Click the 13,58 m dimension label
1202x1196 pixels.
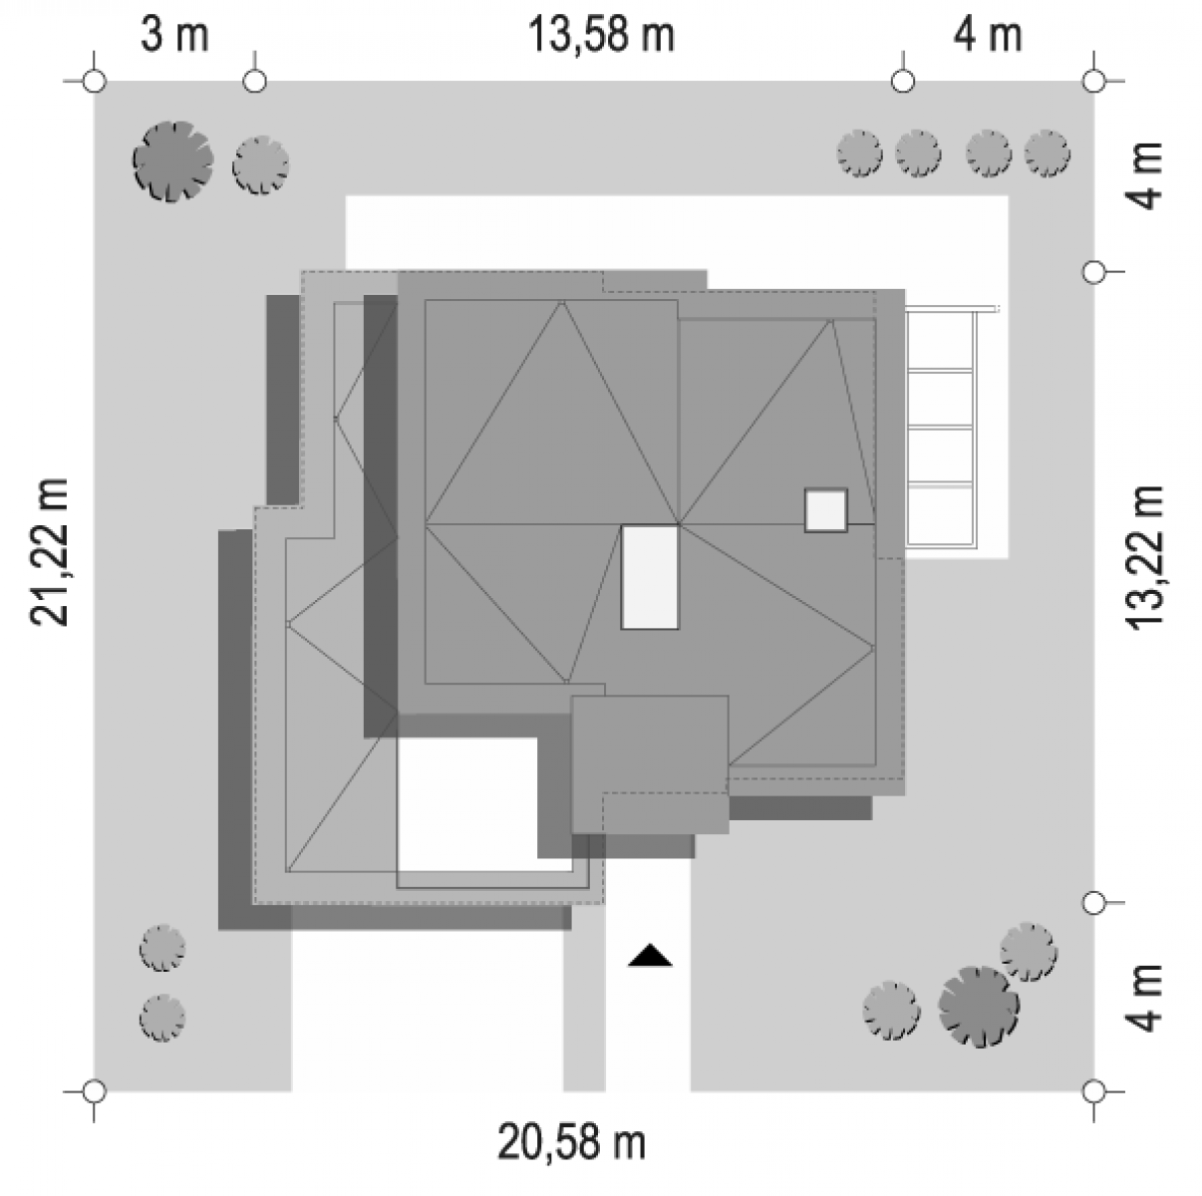tap(601, 35)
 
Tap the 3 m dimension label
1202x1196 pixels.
tap(174, 35)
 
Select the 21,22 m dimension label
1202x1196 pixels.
tap(49, 552)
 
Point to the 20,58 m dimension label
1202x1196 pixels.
tap(571, 1142)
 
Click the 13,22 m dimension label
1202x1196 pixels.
tap(1144, 557)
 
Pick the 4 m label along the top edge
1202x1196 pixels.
tap(988, 35)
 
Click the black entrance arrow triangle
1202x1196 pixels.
tap(650, 955)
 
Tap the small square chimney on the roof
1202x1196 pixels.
tap(826, 510)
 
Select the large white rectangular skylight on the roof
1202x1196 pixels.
tap(650, 577)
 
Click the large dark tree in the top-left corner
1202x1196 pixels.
tap(173, 161)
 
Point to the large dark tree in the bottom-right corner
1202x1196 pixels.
tap(979, 1007)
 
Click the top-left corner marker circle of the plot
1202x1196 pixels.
tap(95, 81)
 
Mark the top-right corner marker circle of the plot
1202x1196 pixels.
tap(1093, 81)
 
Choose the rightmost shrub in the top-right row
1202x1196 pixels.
tap(1048, 153)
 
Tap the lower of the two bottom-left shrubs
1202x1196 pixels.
tap(162, 1019)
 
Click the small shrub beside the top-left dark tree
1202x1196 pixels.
tap(261, 165)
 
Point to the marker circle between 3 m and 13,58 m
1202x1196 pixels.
tap(254, 81)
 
